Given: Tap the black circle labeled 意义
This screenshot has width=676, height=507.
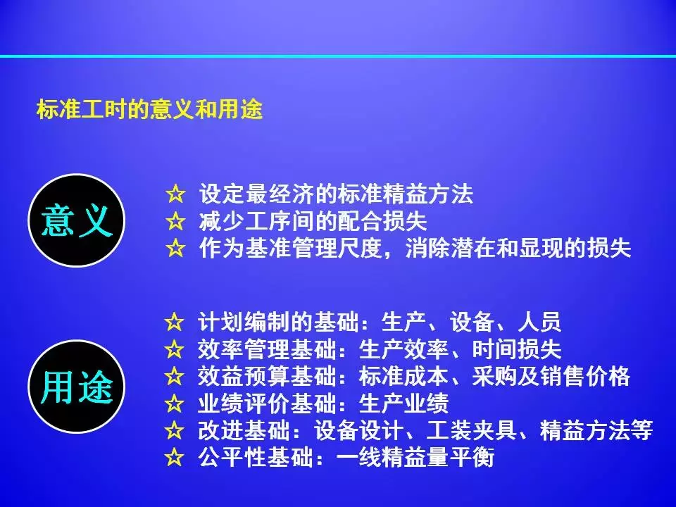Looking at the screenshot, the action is (77, 220).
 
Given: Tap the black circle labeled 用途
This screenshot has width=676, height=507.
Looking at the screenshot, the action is (77, 387).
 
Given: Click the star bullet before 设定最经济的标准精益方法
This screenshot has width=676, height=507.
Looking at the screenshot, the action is (175, 194).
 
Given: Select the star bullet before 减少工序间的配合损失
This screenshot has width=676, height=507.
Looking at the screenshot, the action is (175, 221).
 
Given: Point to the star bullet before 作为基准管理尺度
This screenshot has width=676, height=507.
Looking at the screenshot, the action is (175, 249).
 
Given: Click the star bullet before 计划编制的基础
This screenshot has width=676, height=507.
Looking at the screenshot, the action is (174, 322).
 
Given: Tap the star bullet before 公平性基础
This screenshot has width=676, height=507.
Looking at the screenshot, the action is (174, 457).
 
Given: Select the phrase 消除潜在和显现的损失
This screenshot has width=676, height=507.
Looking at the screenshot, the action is (518, 249).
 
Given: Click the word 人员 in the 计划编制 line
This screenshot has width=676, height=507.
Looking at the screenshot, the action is (539, 322).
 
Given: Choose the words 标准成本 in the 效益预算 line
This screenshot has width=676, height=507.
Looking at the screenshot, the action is (403, 376).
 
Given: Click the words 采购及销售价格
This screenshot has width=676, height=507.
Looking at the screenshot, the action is (551, 376).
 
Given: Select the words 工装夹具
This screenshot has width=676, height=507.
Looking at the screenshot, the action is (471, 430).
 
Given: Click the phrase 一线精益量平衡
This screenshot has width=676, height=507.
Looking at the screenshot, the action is (415, 457).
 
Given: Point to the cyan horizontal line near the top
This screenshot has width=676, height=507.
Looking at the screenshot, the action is (338, 56).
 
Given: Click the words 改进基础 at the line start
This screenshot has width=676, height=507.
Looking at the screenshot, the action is (243, 430).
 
